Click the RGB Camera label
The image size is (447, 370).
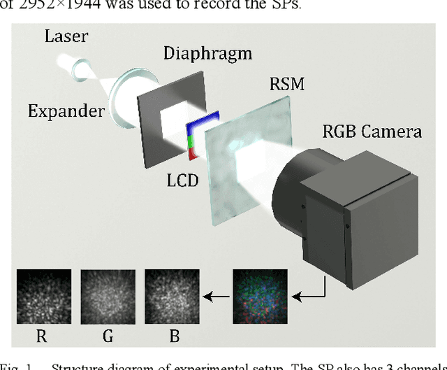click(x=370, y=130)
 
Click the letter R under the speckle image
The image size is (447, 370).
click(x=42, y=336)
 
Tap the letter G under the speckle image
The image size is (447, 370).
click(x=108, y=336)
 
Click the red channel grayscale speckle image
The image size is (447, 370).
click(x=43, y=296)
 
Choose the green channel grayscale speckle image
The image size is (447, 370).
click(x=108, y=296)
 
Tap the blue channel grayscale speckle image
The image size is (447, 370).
click(x=172, y=296)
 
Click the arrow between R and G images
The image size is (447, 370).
click(x=75, y=297)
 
